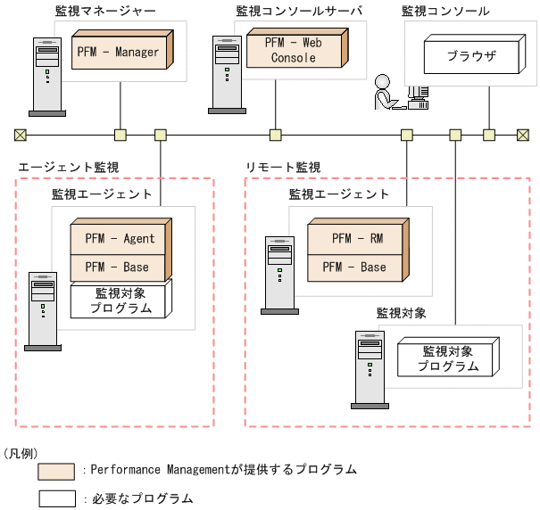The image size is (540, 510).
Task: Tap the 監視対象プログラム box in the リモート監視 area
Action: pyautogui.click(x=446, y=358)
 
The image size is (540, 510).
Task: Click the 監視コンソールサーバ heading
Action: pyautogui.click(x=299, y=11)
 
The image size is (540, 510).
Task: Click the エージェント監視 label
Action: pyautogui.click(x=69, y=167)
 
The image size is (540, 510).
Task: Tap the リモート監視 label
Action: pyautogui.click(x=283, y=167)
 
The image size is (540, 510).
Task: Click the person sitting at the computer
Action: pyautogui.click(x=386, y=93)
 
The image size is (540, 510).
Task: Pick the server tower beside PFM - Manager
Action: pyautogui.click(x=46, y=76)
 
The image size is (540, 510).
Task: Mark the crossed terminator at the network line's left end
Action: pyautogui.click(x=20, y=135)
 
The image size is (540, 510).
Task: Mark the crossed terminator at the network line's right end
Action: pyautogui.click(x=523, y=135)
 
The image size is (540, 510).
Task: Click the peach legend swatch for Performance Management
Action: pyautogui.click(x=56, y=470)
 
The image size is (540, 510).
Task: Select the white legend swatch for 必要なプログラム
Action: pyautogui.click(x=56, y=498)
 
